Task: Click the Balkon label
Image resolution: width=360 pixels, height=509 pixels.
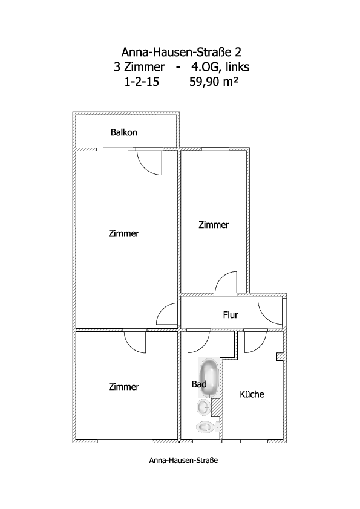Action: tap(124, 132)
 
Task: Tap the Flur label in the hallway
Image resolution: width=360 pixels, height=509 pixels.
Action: tap(231, 315)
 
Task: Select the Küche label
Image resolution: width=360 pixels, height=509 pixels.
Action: tap(252, 394)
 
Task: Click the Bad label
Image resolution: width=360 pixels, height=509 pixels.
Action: tap(199, 384)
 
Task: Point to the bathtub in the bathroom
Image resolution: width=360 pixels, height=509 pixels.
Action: tap(209, 378)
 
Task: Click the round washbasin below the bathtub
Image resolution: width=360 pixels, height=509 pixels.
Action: tap(205, 407)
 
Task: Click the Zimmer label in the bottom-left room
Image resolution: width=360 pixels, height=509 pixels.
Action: tap(124, 387)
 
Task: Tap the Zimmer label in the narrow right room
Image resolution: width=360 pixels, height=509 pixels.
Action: tap(214, 225)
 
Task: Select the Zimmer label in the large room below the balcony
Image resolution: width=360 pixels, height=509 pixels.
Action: tap(124, 233)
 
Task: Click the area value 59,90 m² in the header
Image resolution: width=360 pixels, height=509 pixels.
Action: tap(214, 82)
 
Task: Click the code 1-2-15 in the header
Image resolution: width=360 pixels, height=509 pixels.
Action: tap(142, 82)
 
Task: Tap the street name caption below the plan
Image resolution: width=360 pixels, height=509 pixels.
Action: tap(183, 460)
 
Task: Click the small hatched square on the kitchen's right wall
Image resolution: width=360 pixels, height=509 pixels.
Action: tap(280, 357)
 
